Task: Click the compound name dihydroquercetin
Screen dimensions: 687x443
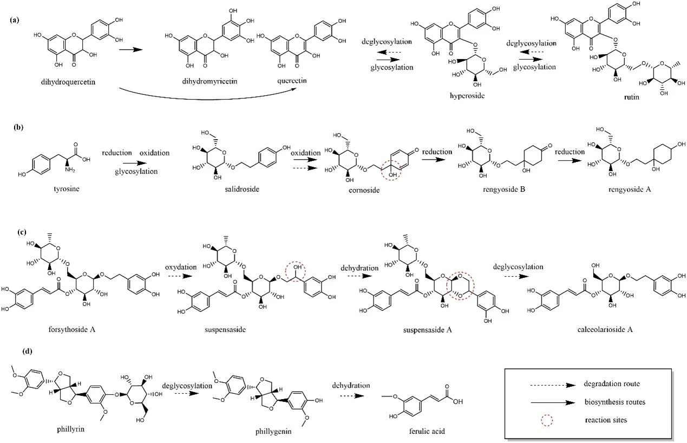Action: [68, 82]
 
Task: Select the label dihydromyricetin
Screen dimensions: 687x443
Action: [210, 82]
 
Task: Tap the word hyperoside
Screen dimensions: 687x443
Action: [467, 96]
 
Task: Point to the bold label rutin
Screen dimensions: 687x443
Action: [631, 97]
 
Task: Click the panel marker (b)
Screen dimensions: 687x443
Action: [19, 127]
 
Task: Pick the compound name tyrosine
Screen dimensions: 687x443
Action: [67, 189]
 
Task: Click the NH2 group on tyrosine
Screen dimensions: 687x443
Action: [70, 170]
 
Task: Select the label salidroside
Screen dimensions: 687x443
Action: [242, 190]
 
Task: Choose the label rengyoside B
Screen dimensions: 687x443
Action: [504, 190]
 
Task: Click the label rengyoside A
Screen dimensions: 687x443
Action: [630, 190]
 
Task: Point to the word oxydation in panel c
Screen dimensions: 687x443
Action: [181, 267]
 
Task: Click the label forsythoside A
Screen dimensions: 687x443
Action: [72, 329]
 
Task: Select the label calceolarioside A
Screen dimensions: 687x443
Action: [605, 329]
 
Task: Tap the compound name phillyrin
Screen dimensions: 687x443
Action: [70, 429]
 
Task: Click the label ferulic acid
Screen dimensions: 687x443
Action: [427, 431]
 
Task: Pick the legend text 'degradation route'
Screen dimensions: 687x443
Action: [612, 384]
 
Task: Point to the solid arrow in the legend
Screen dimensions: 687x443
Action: [553, 402]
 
